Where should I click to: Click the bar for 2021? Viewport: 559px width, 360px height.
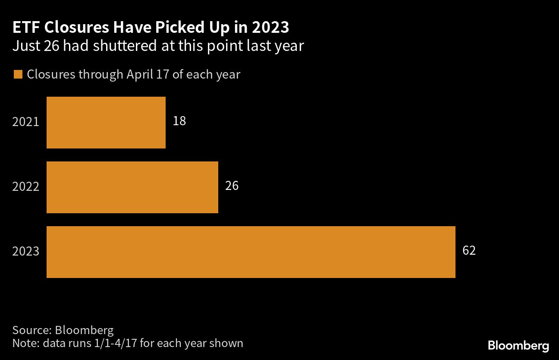106,123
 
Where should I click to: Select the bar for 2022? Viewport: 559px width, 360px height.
132,187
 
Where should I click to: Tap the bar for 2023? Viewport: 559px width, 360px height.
251,252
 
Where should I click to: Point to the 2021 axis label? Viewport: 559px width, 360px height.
26,122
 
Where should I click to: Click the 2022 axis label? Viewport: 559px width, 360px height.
26,187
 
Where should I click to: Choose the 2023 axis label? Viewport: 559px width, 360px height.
26,252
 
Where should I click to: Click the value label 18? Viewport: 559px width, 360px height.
179,121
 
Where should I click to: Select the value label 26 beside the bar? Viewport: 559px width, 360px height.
232,186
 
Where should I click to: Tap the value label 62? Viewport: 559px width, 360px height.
469,251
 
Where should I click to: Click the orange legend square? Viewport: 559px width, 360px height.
18,75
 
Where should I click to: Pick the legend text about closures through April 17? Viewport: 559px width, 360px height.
133,75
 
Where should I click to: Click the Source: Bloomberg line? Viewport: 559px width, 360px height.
63,331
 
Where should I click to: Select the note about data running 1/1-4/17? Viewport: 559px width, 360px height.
128,344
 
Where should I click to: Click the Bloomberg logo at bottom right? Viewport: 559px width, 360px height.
518,345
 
